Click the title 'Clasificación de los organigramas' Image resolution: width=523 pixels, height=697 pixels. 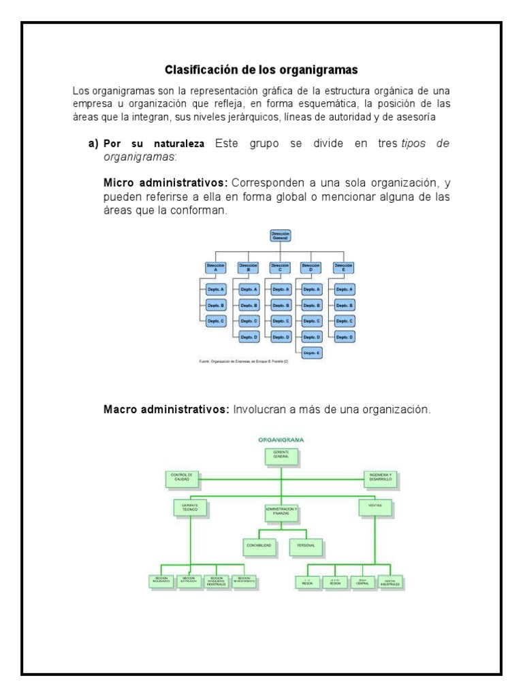point(262,69)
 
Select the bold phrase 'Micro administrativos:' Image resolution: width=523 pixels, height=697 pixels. point(166,183)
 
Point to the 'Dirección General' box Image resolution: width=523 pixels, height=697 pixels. point(280,236)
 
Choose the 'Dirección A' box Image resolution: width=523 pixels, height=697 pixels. point(215,267)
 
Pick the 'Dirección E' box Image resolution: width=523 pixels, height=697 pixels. point(344,267)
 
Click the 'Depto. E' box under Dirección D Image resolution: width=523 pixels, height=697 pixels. point(312,353)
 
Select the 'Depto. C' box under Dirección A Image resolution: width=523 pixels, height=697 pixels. point(215,321)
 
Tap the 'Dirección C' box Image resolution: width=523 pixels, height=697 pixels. point(280,267)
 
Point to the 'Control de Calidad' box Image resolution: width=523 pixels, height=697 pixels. point(182,479)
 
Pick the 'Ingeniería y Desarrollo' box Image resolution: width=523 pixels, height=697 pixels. point(379,479)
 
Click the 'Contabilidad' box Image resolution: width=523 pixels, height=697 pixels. point(259,546)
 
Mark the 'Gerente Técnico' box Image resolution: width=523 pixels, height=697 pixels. point(190,508)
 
